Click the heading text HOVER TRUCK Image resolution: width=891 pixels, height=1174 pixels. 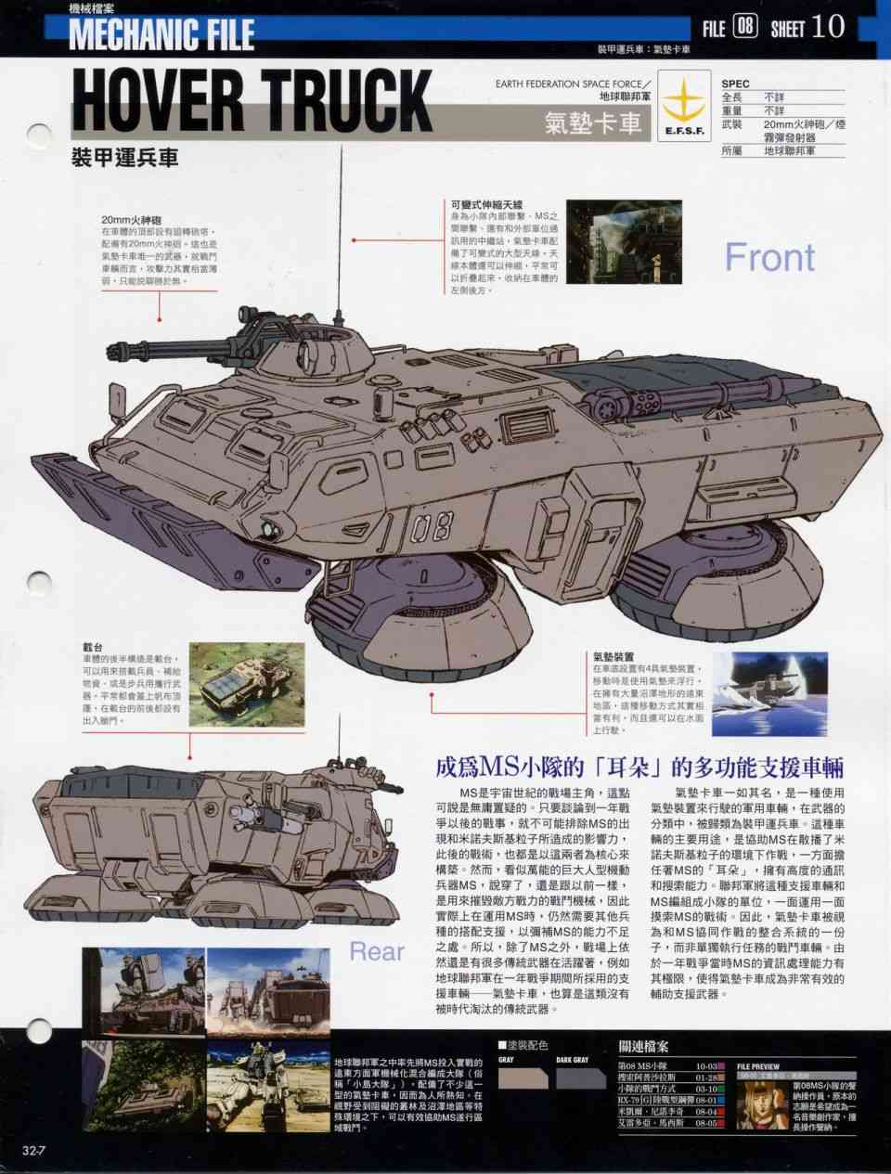pos(252,97)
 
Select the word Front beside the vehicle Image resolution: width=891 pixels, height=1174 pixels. pos(769,257)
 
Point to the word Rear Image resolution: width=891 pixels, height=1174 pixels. pos(377,951)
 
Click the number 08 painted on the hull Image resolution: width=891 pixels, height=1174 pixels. pos(430,528)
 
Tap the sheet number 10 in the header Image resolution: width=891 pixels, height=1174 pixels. pos(828,27)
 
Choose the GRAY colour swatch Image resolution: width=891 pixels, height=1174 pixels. pos(523,1077)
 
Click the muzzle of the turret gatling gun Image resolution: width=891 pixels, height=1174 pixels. pos(113,353)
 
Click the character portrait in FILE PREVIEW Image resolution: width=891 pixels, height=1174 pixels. pos(761,1104)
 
